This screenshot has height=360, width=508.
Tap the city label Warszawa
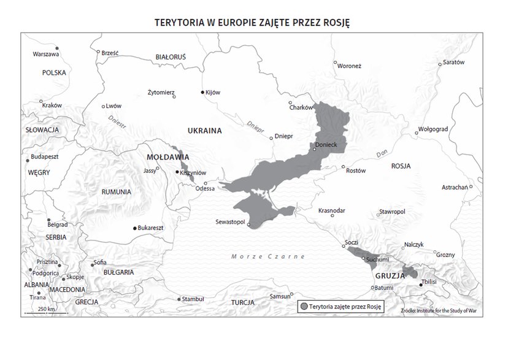[x=45, y=55]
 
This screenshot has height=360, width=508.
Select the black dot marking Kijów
[x=203, y=93]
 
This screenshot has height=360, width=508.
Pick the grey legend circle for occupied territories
[x=304, y=306]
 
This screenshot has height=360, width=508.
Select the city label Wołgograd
[x=433, y=130]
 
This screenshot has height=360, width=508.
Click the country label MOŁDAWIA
[x=156, y=157]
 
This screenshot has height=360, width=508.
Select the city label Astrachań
[x=455, y=186]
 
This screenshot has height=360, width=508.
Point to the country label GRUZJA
[x=387, y=276]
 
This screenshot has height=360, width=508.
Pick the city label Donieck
[x=326, y=145]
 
